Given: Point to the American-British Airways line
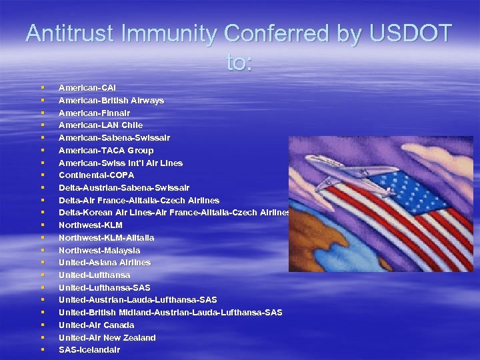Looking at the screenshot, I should [x=111, y=101].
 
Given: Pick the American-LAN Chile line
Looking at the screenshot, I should [x=100, y=125].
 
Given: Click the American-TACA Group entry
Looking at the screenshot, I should [x=105, y=151].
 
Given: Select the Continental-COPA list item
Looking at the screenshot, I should [x=96, y=175].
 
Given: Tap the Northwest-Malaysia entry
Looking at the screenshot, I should [x=99, y=250].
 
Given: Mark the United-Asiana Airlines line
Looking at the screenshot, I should [x=104, y=263].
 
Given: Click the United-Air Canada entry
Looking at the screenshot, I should [x=96, y=325].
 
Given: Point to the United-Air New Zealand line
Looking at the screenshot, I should [x=107, y=338].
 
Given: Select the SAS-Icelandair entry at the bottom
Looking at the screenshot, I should [x=89, y=350].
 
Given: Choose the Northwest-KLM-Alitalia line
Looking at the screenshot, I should [x=106, y=238].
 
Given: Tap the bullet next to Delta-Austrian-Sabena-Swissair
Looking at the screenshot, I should [x=42, y=188].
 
